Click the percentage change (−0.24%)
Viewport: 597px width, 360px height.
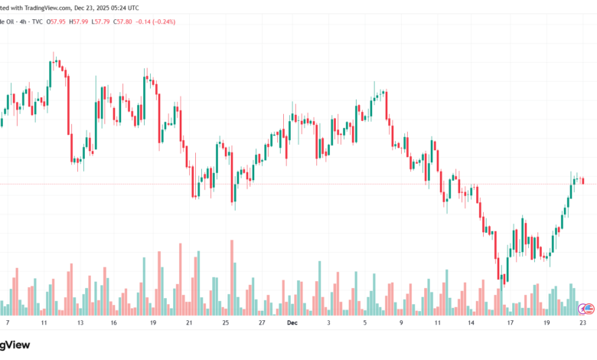coord(164,21)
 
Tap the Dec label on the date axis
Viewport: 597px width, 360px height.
coord(291,323)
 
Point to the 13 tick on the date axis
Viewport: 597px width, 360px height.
coord(80,323)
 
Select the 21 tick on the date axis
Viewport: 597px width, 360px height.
coord(189,323)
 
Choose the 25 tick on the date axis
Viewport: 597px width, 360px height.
coord(226,323)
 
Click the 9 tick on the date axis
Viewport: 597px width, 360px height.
coord(400,323)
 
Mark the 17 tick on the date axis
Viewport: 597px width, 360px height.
coord(509,323)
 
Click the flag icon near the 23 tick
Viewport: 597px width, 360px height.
coord(586,309)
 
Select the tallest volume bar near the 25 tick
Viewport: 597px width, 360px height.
coord(230,278)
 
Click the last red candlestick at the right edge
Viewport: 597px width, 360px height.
coord(583,181)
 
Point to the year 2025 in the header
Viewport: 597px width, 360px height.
coord(109,7)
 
